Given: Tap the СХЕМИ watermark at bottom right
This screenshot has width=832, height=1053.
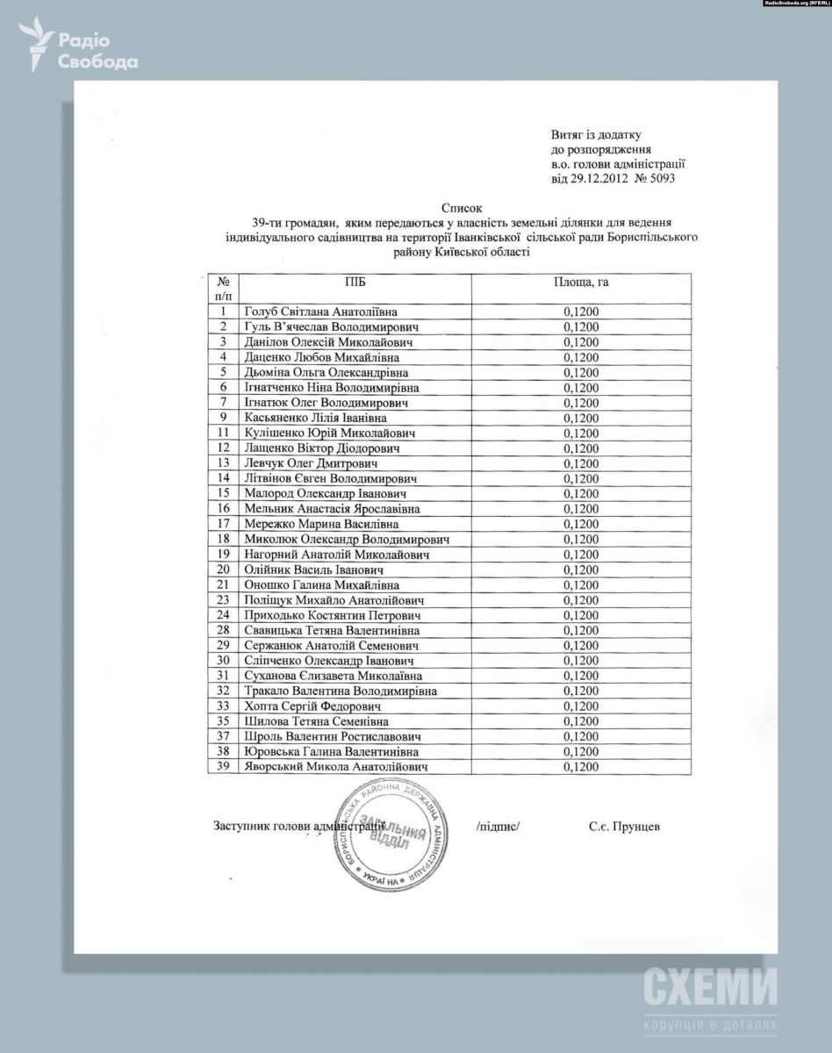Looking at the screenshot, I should (710, 988).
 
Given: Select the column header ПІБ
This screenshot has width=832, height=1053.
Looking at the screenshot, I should (355, 282).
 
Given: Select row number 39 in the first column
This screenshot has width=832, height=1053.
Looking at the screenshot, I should (224, 767).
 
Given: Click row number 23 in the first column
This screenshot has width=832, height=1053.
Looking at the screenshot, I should (224, 600).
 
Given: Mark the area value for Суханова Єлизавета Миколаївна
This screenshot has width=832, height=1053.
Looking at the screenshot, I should (581, 676).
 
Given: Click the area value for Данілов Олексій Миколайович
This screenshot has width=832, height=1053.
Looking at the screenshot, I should (581, 342).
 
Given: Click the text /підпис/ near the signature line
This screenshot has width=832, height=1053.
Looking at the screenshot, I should (498, 827).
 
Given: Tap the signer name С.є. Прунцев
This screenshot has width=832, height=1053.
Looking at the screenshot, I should (624, 827).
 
